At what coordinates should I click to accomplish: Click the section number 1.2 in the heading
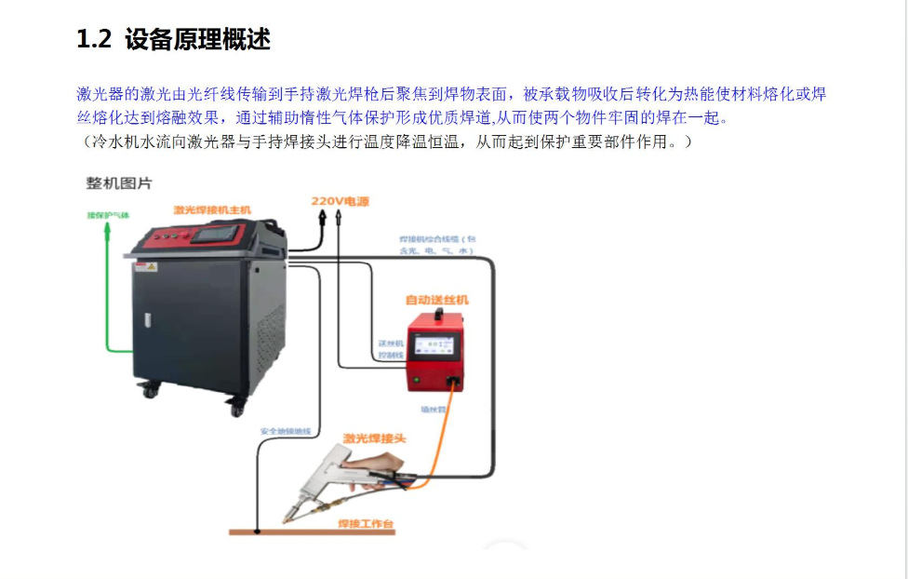(94, 39)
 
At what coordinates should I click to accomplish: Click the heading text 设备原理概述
(197, 39)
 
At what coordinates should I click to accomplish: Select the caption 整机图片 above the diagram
(119, 183)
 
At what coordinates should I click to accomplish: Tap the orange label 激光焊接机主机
(212, 210)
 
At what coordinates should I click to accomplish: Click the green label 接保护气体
(108, 215)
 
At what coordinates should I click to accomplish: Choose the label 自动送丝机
(436, 300)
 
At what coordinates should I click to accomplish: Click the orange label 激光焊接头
(374, 438)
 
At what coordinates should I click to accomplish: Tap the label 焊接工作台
(366, 525)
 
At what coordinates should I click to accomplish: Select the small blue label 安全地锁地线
(286, 431)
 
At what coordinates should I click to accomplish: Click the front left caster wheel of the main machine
(150, 389)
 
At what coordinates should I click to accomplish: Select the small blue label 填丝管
(433, 407)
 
